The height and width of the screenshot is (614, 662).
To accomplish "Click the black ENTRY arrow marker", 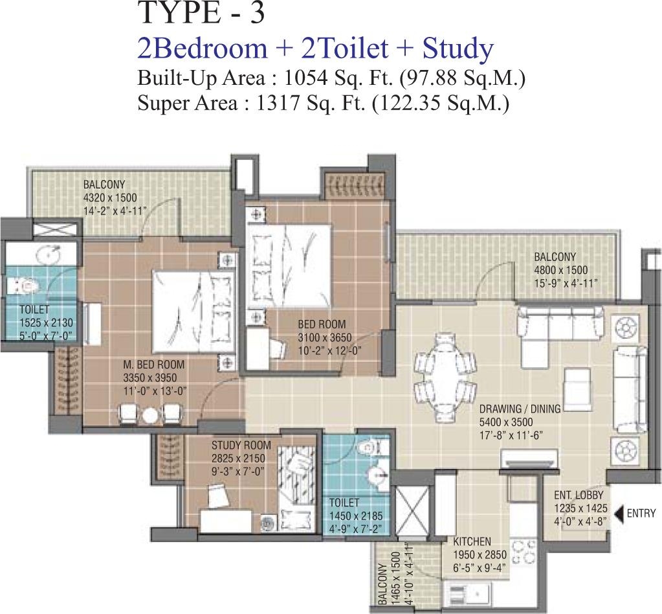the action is [619, 514].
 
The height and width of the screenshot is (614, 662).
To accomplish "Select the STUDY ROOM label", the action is [241, 445].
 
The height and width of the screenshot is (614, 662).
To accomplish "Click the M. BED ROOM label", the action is [153, 364].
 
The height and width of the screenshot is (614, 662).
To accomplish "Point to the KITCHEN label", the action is [472, 541].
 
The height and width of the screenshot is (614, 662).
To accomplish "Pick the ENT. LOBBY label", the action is [579, 495].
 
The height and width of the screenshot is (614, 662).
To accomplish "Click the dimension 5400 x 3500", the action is [506, 422].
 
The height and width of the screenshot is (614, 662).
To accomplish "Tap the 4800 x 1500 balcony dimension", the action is [560, 269].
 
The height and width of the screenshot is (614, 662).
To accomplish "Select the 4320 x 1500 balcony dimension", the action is [110, 198].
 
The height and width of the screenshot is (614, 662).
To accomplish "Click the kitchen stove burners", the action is [524, 552].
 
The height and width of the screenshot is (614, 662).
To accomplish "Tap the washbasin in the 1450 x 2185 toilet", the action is [377, 475].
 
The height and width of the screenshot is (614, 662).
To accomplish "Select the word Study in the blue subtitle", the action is [458, 49].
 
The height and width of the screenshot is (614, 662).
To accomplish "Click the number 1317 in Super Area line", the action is [276, 103].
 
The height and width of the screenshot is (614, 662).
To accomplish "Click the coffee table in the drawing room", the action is [578, 385].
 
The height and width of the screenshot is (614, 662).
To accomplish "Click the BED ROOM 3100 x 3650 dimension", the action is [325, 337].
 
